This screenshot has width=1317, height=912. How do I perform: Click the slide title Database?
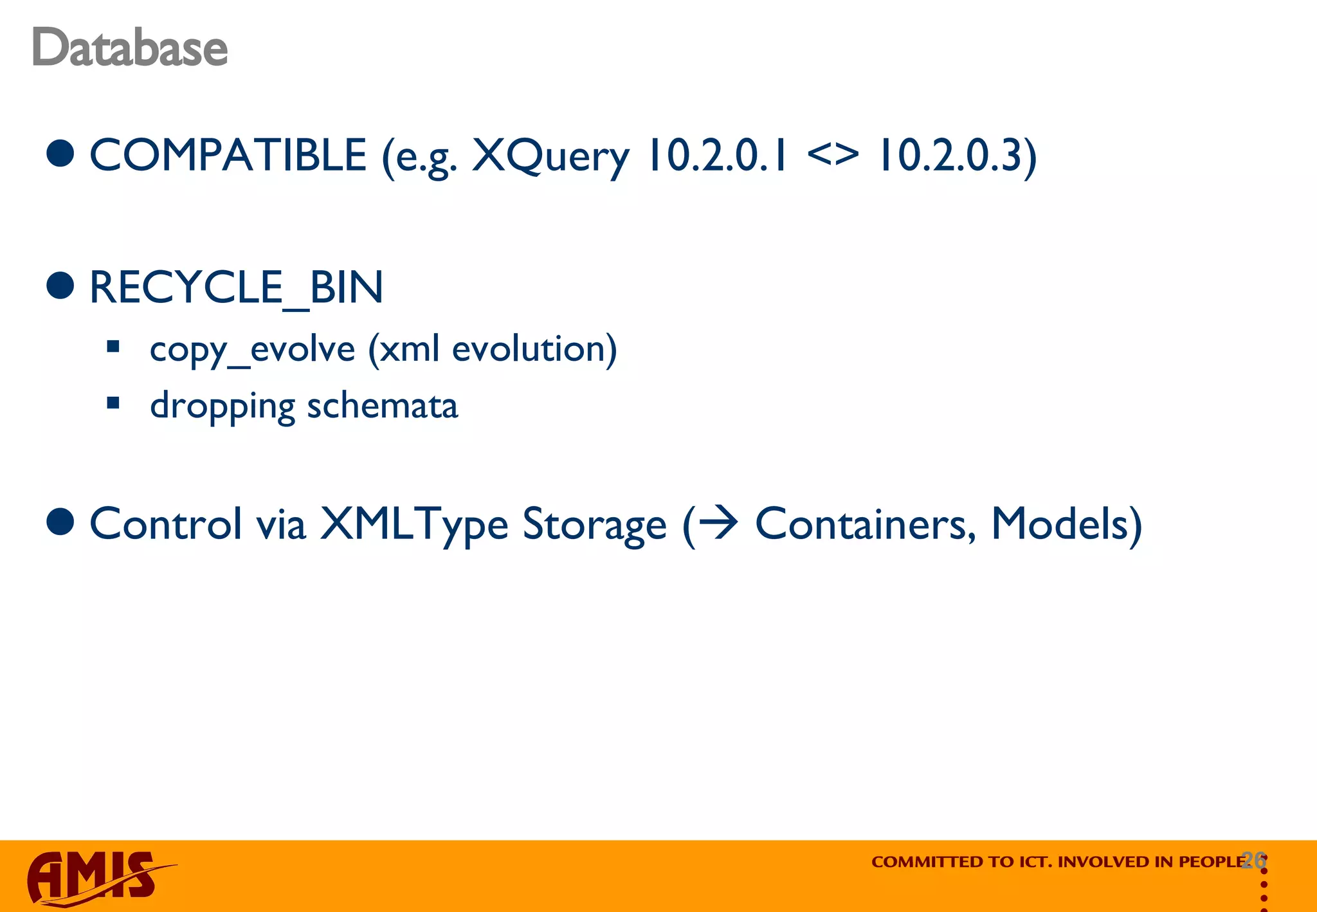pyautogui.click(x=129, y=48)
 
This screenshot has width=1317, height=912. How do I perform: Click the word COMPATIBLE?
pyautogui.click(x=228, y=156)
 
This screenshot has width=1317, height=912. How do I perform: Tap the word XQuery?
pyautogui.click(x=550, y=157)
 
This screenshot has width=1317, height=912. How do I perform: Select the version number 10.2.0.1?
pyautogui.click(x=717, y=156)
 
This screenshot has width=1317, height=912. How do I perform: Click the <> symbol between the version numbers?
pyautogui.click(x=832, y=156)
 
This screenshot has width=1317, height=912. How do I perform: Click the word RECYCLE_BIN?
pyautogui.click(x=236, y=287)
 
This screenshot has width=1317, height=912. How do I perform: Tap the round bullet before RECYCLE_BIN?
pyautogui.click(x=61, y=286)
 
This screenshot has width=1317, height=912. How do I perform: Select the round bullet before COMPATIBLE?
pyautogui.click(x=61, y=154)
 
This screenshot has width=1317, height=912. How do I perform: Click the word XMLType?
pyautogui.click(x=414, y=525)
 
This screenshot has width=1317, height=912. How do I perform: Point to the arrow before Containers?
pyautogui.click(x=718, y=522)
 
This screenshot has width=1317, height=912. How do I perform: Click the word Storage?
pyautogui.click(x=594, y=525)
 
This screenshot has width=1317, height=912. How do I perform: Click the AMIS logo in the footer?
pyautogui.click(x=93, y=877)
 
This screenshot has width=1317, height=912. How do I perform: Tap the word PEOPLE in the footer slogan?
pyautogui.click(x=1213, y=862)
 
